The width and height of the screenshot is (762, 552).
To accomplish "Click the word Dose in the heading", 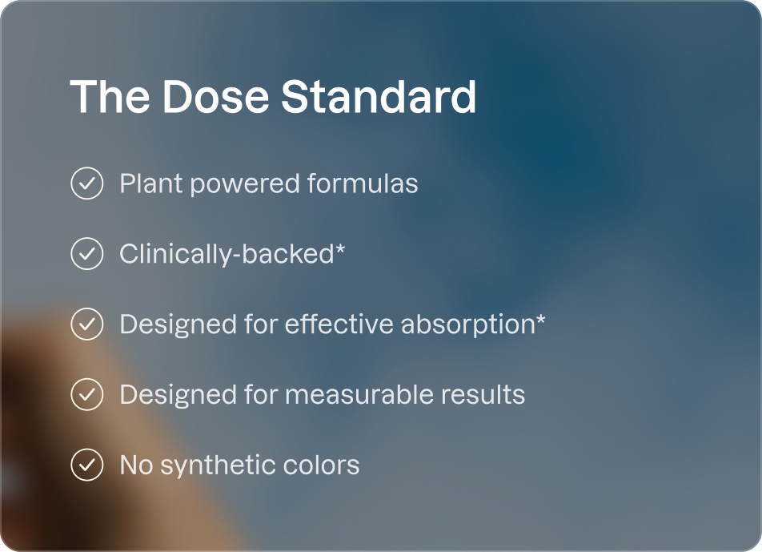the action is click(x=215, y=96).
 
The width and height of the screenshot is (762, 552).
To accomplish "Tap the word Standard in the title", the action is click(x=379, y=96).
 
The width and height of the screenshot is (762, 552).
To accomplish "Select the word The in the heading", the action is click(x=110, y=96).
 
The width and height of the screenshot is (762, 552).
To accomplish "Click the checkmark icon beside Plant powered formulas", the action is click(x=87, y=183).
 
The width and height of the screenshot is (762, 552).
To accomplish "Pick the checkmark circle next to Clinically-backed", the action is click(x=87, y=253).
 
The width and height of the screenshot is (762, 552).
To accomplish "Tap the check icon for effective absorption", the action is click(x=87, y=324).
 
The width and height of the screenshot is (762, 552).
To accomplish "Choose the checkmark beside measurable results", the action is click(x=87, y=394).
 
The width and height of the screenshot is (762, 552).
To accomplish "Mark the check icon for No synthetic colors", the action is click(x=87, y=465).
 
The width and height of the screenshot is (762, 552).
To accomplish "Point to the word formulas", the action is click(x=363, y=183).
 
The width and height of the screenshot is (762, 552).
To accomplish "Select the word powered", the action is click(x=245, y=185).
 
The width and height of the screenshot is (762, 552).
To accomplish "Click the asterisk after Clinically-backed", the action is click(x=340, y=248).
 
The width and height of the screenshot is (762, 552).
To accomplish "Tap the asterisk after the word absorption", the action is click(x=540, y=319).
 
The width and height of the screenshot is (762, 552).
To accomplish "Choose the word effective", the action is click(x=339, y=324).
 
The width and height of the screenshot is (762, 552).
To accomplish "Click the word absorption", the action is click(x=468, y=325).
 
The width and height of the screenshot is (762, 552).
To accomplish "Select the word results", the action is click(x=483, y=394).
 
